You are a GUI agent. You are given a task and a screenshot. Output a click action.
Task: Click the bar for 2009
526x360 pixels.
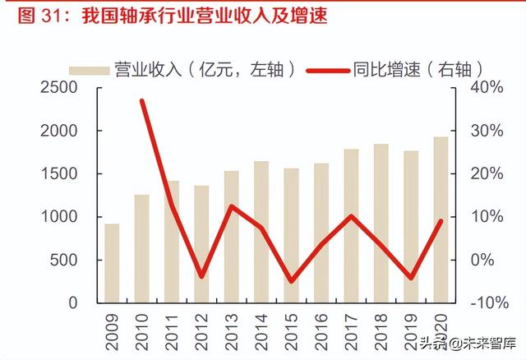point(112,263)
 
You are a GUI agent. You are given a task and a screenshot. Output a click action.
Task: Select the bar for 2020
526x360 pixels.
point(441,219)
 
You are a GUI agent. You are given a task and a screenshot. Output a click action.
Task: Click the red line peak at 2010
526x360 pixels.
point(142,101)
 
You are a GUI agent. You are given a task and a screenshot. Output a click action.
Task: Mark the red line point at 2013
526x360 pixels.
point(232,206)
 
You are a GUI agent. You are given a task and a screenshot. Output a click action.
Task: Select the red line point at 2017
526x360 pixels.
point(351,216)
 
